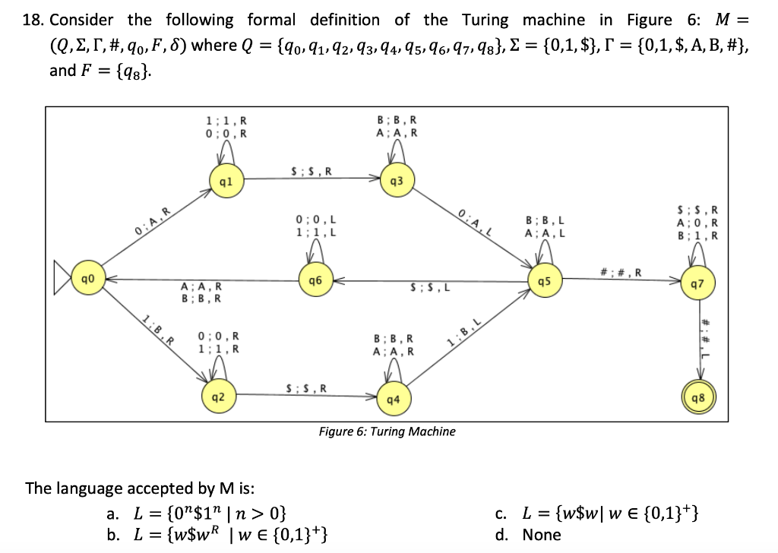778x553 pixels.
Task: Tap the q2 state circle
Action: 217,396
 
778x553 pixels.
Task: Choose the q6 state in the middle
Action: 315,280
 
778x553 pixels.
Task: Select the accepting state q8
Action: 698,397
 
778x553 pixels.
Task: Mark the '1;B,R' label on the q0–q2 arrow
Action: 155,329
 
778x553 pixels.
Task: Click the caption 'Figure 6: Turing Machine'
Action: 387,431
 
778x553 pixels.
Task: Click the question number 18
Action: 33,20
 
